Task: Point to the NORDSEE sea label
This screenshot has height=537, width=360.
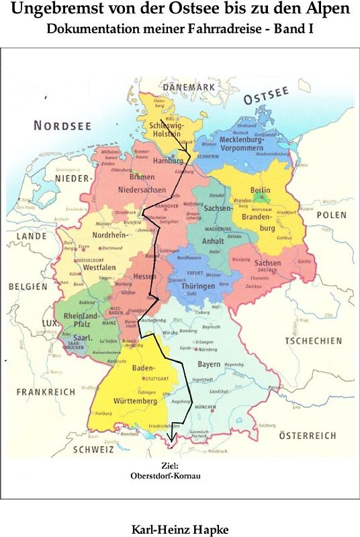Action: tap(62, 126)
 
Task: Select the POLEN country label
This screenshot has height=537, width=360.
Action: tap(332, 215)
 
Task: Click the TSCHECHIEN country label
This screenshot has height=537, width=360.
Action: tap(313, 341)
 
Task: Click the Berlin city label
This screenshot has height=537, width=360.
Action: tap(260, 191)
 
